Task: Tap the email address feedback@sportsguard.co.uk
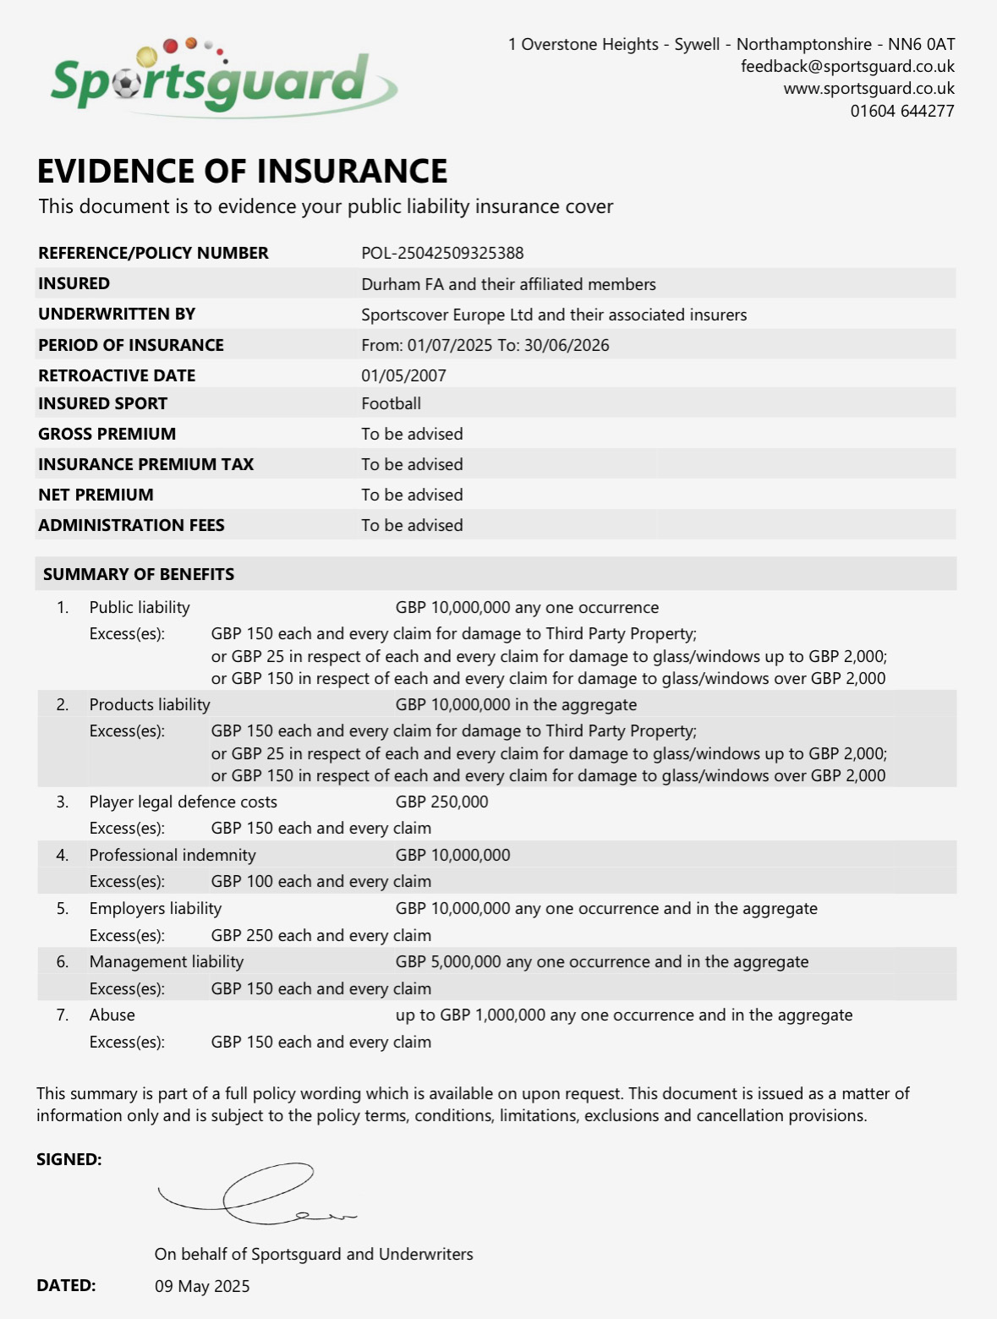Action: [847, 67]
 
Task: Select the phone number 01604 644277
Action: [901, 111]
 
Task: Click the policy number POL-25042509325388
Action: [442, 253]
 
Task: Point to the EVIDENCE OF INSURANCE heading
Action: [242, 171]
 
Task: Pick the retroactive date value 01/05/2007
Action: [403, 375]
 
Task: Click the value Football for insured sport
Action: [391, 403]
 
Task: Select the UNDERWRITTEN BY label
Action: [117, 314]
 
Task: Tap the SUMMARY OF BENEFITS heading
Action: [139, 574]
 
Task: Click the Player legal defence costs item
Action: [183, 802]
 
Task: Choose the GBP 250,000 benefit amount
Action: [441, 802]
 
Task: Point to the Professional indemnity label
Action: [173, 855]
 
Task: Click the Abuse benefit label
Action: [112, 1015]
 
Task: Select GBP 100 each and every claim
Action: [320, 881]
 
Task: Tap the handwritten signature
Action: [254, 1194]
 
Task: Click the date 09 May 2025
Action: [202, 1286]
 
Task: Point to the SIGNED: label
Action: [68, 1159]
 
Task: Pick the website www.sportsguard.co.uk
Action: [868, 89]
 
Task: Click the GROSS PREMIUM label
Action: [107, 434]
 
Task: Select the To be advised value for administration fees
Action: [412, 525]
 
